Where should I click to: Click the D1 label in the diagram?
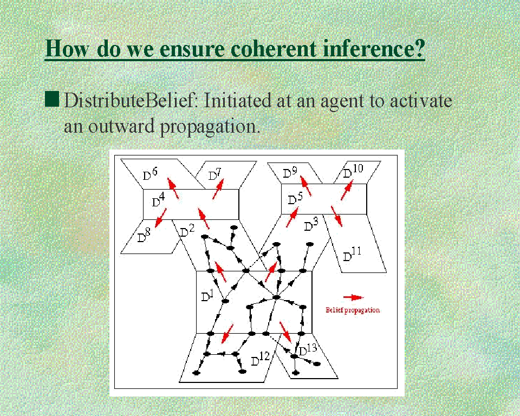[x=207, y=295]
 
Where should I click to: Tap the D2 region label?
[x=187, y=231]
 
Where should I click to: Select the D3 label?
[x=311, y=225]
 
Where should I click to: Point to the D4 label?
[x=158, y=199]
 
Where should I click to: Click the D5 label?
[x=295, y=199]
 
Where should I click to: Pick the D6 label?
[x=150, y=174]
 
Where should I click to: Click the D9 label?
[x=290, y=172]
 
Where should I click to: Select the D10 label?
[x=353, y=171]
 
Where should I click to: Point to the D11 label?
[x=352, y=255]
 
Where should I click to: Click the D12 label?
[x=261, y=359]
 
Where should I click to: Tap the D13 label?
[x=308, y=349]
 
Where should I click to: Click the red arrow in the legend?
[x=353, y=297]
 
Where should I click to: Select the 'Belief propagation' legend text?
[x=353, y=310]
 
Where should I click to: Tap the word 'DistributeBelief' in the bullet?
[x=129, y=100]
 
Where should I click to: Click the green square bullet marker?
[x=52, y=99]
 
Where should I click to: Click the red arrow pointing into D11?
[x=336, y=216]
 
